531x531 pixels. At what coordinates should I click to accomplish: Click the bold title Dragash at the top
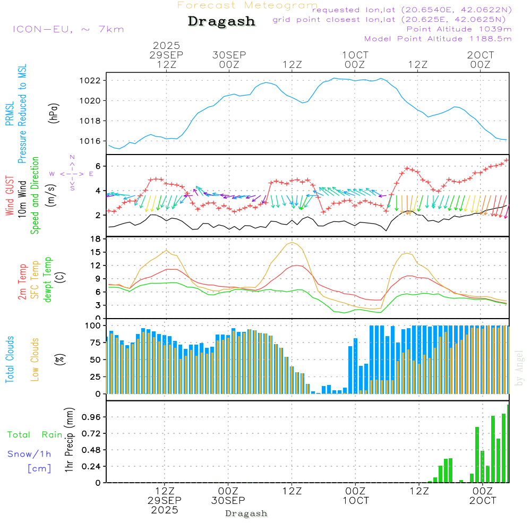[221, 22]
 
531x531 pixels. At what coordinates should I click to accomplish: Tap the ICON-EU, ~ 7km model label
[68, 29]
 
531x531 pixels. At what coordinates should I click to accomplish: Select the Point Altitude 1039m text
[459, 29]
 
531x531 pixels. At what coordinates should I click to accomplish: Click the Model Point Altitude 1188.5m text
[438, 39]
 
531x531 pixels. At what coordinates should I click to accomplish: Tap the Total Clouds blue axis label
[10, 359]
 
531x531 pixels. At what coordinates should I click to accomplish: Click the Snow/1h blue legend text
[29, 454]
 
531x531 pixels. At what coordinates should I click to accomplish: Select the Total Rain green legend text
[35, 435]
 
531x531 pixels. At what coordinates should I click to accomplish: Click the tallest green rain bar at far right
[508, 443]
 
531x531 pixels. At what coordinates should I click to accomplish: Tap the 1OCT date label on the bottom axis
[355, 501]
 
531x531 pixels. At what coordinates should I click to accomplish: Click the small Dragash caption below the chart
[246, 513]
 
